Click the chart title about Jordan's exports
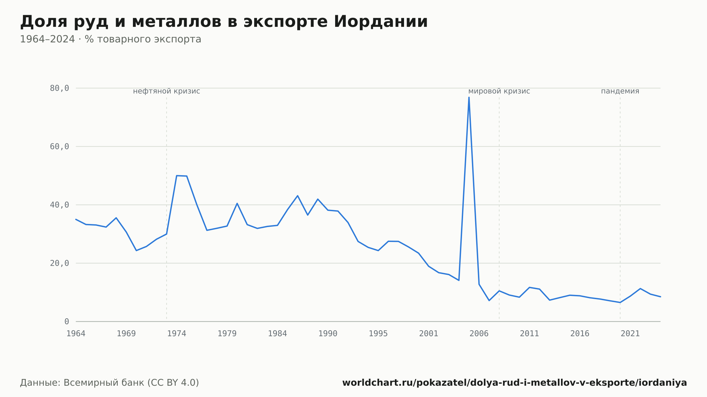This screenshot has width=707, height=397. (224, 22)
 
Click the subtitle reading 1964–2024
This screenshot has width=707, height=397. (111, 39)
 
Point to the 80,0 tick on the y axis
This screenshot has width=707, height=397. (59, 88)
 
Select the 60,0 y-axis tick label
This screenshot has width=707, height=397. (59, 147)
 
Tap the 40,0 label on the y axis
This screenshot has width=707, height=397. (59, 205)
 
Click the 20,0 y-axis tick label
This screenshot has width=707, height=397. (59, 263)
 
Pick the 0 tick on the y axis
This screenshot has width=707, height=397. (67, 321)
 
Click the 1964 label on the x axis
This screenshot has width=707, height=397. (76, 334)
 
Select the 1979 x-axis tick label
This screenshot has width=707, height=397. (227, 334)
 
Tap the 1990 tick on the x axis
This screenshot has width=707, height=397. (328, 334)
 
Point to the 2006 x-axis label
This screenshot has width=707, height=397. (479, 334)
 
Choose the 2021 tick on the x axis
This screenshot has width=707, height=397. (630, 334)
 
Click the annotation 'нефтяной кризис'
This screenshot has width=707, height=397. (166, 91)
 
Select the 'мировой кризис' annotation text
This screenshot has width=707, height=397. (499, 91)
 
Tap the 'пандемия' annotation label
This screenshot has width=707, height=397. (620, 91)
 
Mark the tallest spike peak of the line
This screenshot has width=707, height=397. (469, 97)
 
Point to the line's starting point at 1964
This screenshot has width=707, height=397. (76, 219)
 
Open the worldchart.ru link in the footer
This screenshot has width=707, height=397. (515, 383)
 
